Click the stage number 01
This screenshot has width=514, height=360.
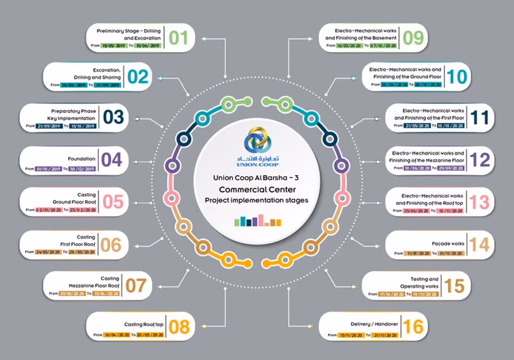click(178, 38)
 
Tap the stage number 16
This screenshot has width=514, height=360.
click(413, 327)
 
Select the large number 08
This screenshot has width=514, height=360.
click(179, 327)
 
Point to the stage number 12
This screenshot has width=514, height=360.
click(479, 160)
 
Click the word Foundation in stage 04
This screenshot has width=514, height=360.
click(82, 159)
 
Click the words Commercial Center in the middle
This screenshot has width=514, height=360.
click(257, 189)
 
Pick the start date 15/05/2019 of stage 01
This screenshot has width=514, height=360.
click(114, 46)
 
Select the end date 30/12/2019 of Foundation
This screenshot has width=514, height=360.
click(82, 169)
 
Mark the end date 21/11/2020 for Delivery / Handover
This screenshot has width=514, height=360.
click(384, 335)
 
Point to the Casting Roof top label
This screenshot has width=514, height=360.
click(144, 324)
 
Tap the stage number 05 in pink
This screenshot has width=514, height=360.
click(113, 202)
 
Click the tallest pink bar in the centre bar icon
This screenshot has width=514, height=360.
click(260, 220)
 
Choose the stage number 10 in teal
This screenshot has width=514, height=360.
click(457, 76)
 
